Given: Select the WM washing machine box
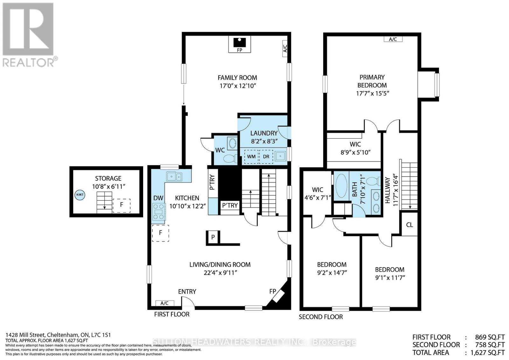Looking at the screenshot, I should pyautogui.click(x=251, y=156).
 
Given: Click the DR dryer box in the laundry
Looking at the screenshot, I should pyautogui.click(x=266, y=156).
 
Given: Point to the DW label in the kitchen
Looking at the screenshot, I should pyautogui.click(x=158, y=198).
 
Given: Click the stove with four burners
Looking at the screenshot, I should pyautogui.click(x=159, y=212).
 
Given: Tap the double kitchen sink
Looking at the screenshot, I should pyautogui.click(x=174, y=176).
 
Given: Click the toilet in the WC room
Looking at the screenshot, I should pyautogui.click(x=230, y=158).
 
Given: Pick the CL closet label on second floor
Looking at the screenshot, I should pyautogui.click(x=409, y=225).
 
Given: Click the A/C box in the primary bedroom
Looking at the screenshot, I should pyautogui.click(x=393, y=39).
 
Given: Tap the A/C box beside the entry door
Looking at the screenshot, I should pyautogui.click(x=164, y=303).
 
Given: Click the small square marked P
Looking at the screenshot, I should pyautogui.click(x=213, y=237).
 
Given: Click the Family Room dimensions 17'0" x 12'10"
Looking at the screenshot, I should pyautogui.click(x=237, y=86).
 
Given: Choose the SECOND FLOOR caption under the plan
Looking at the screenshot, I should pyautogui.click(x=321, y=317).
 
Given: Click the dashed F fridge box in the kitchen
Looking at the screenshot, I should pyautogui.click(x=161, y=233).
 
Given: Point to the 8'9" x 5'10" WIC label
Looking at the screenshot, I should pyautogui.click(x=355, y=152).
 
